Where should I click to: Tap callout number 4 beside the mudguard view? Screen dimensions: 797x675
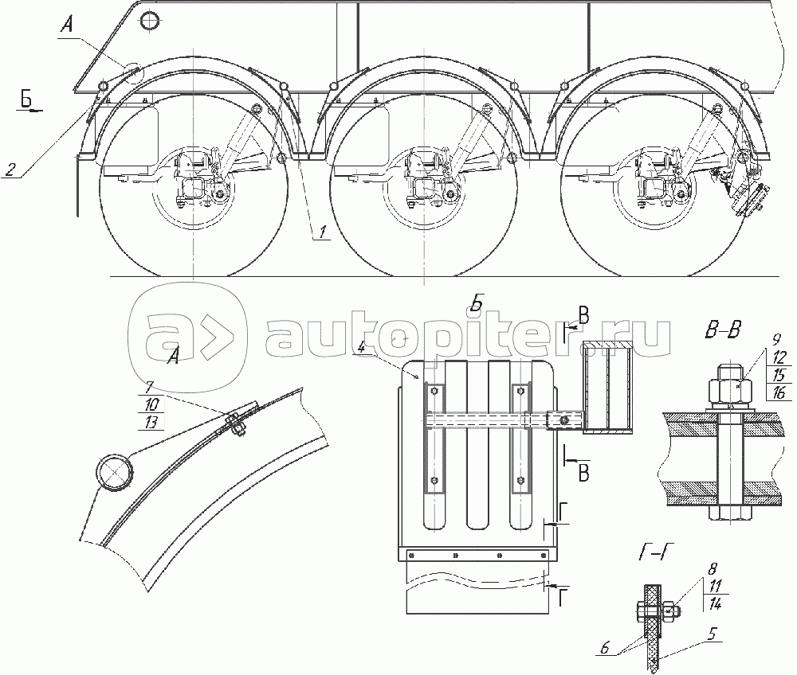tap(361, 348)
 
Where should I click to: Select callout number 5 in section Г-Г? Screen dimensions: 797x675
tap(713, 634)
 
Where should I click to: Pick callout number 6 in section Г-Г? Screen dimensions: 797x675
tap(604, 648)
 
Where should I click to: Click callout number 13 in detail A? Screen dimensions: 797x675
tap(151, 422)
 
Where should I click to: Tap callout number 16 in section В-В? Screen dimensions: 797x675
tap(778, 392)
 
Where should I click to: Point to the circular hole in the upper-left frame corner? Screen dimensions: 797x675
tap(150, 21)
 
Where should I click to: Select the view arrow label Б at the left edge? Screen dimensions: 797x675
tap(27, 98)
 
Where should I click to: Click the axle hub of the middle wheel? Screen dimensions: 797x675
tap(425, 189)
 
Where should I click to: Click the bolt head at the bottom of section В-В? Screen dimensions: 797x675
tap(729, 512)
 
